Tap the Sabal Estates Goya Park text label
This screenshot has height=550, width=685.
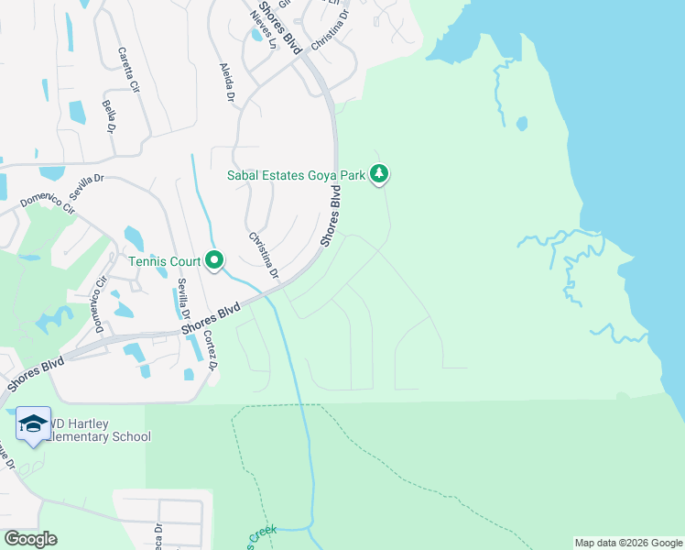coord(296,174)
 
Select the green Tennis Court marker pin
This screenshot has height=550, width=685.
coord(214,261)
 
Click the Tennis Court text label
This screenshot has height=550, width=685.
coord(164,261)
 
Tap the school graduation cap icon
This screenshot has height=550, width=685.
coord(33,423)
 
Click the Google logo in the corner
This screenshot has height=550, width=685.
coord(29,539)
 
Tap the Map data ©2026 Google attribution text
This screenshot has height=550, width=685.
coord(627,543)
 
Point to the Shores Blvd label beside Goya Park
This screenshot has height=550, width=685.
coord(332,216)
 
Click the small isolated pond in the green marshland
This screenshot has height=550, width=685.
coord(521,123)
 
